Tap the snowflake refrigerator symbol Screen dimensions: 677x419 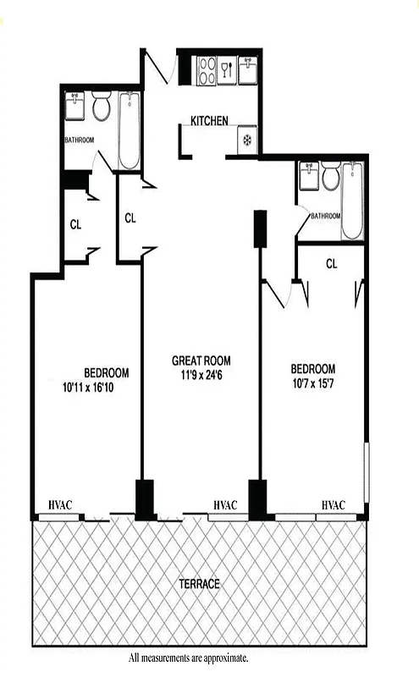248,141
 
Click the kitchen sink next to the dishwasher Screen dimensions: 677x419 248,68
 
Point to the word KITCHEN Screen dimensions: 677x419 209,121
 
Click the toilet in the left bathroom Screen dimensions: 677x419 102,108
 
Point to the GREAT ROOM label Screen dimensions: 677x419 201,359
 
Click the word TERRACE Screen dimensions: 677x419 200,584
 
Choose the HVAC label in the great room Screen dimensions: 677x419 225,505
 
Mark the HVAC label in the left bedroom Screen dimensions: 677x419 60,505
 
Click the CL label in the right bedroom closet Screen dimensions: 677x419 332,263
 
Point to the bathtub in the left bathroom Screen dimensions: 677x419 129,131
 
